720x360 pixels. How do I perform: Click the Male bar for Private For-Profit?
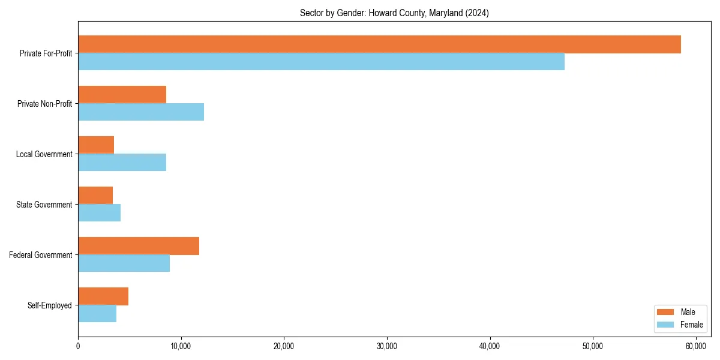379,44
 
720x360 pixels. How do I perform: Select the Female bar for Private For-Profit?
321,62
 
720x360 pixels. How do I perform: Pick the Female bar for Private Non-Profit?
141,112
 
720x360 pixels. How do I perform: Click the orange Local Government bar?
96,145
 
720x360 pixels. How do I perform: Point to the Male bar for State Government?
95,196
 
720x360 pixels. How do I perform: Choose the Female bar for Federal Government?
124,263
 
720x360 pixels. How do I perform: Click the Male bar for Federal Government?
139,246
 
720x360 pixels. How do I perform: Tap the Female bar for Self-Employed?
97,314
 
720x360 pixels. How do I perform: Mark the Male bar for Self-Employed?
103,296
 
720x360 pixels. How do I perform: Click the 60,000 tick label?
696,346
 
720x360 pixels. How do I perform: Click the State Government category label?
44,205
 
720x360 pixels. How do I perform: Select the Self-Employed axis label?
50,305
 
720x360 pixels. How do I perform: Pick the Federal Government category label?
41,255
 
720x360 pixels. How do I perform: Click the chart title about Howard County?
394,13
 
